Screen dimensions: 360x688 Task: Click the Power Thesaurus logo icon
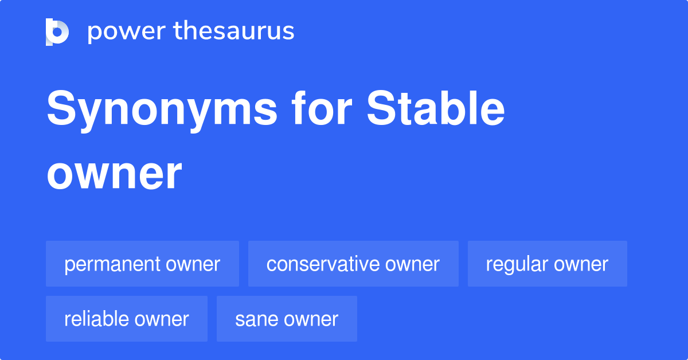point(57,32)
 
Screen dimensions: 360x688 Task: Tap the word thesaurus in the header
point(234,32)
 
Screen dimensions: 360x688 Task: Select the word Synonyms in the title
point(162,110)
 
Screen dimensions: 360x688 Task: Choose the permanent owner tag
point(142,264)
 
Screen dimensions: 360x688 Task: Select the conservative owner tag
point(353,264)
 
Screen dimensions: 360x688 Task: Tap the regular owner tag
point(547,264)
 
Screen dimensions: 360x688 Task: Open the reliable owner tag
point(126,319)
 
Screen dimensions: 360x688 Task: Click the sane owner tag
point(287,319)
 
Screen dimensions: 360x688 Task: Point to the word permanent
point(112,264)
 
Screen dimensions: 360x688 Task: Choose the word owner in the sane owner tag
point(311,319)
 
